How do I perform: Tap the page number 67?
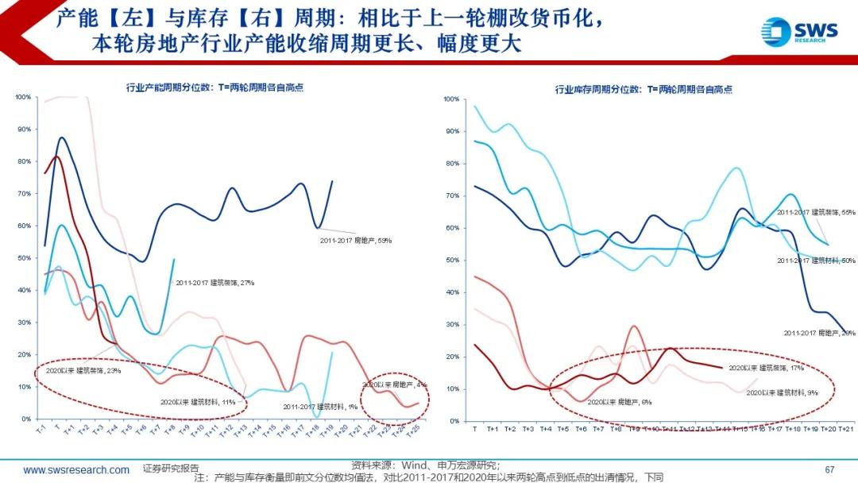click(830, 469)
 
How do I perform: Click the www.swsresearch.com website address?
click(76, 469)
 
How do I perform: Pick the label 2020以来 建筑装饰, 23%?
click(83, 370)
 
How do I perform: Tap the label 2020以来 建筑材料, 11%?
click(198, 402)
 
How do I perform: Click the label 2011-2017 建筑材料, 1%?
click(320, 406)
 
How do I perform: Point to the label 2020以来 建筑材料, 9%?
click(789, 392)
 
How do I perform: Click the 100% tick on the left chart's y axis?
click(23, 97)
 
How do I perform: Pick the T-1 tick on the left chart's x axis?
click(40, 429)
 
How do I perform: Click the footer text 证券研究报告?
click(172, 469)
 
